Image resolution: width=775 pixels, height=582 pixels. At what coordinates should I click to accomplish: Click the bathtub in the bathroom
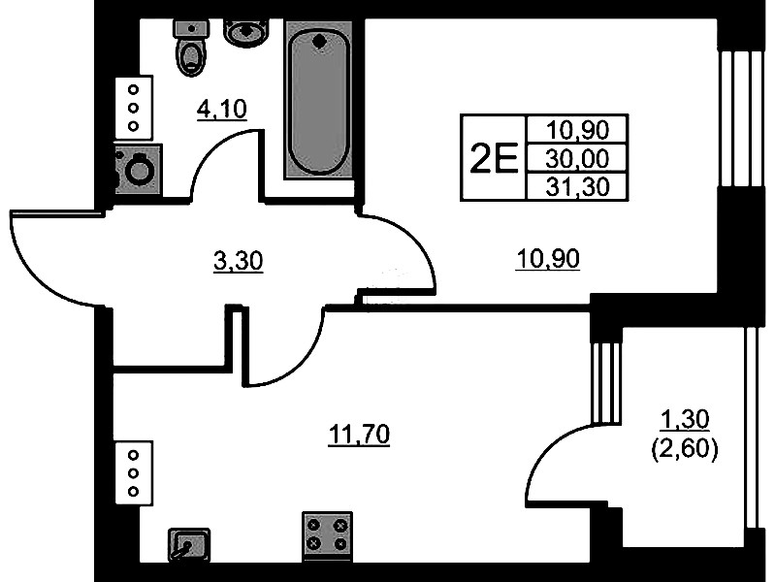(x=318, y=102)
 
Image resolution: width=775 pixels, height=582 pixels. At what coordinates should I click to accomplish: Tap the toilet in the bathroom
(x=191, y=46)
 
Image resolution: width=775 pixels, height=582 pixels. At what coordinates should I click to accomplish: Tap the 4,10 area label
(x=222, y=110)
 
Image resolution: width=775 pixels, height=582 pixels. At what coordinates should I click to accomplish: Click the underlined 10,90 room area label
(x=548, y=259)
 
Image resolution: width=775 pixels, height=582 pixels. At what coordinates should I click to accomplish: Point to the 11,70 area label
(x=359, y=435)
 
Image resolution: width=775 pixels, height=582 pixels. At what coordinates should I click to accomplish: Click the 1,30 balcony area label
(x=686, y=419)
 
